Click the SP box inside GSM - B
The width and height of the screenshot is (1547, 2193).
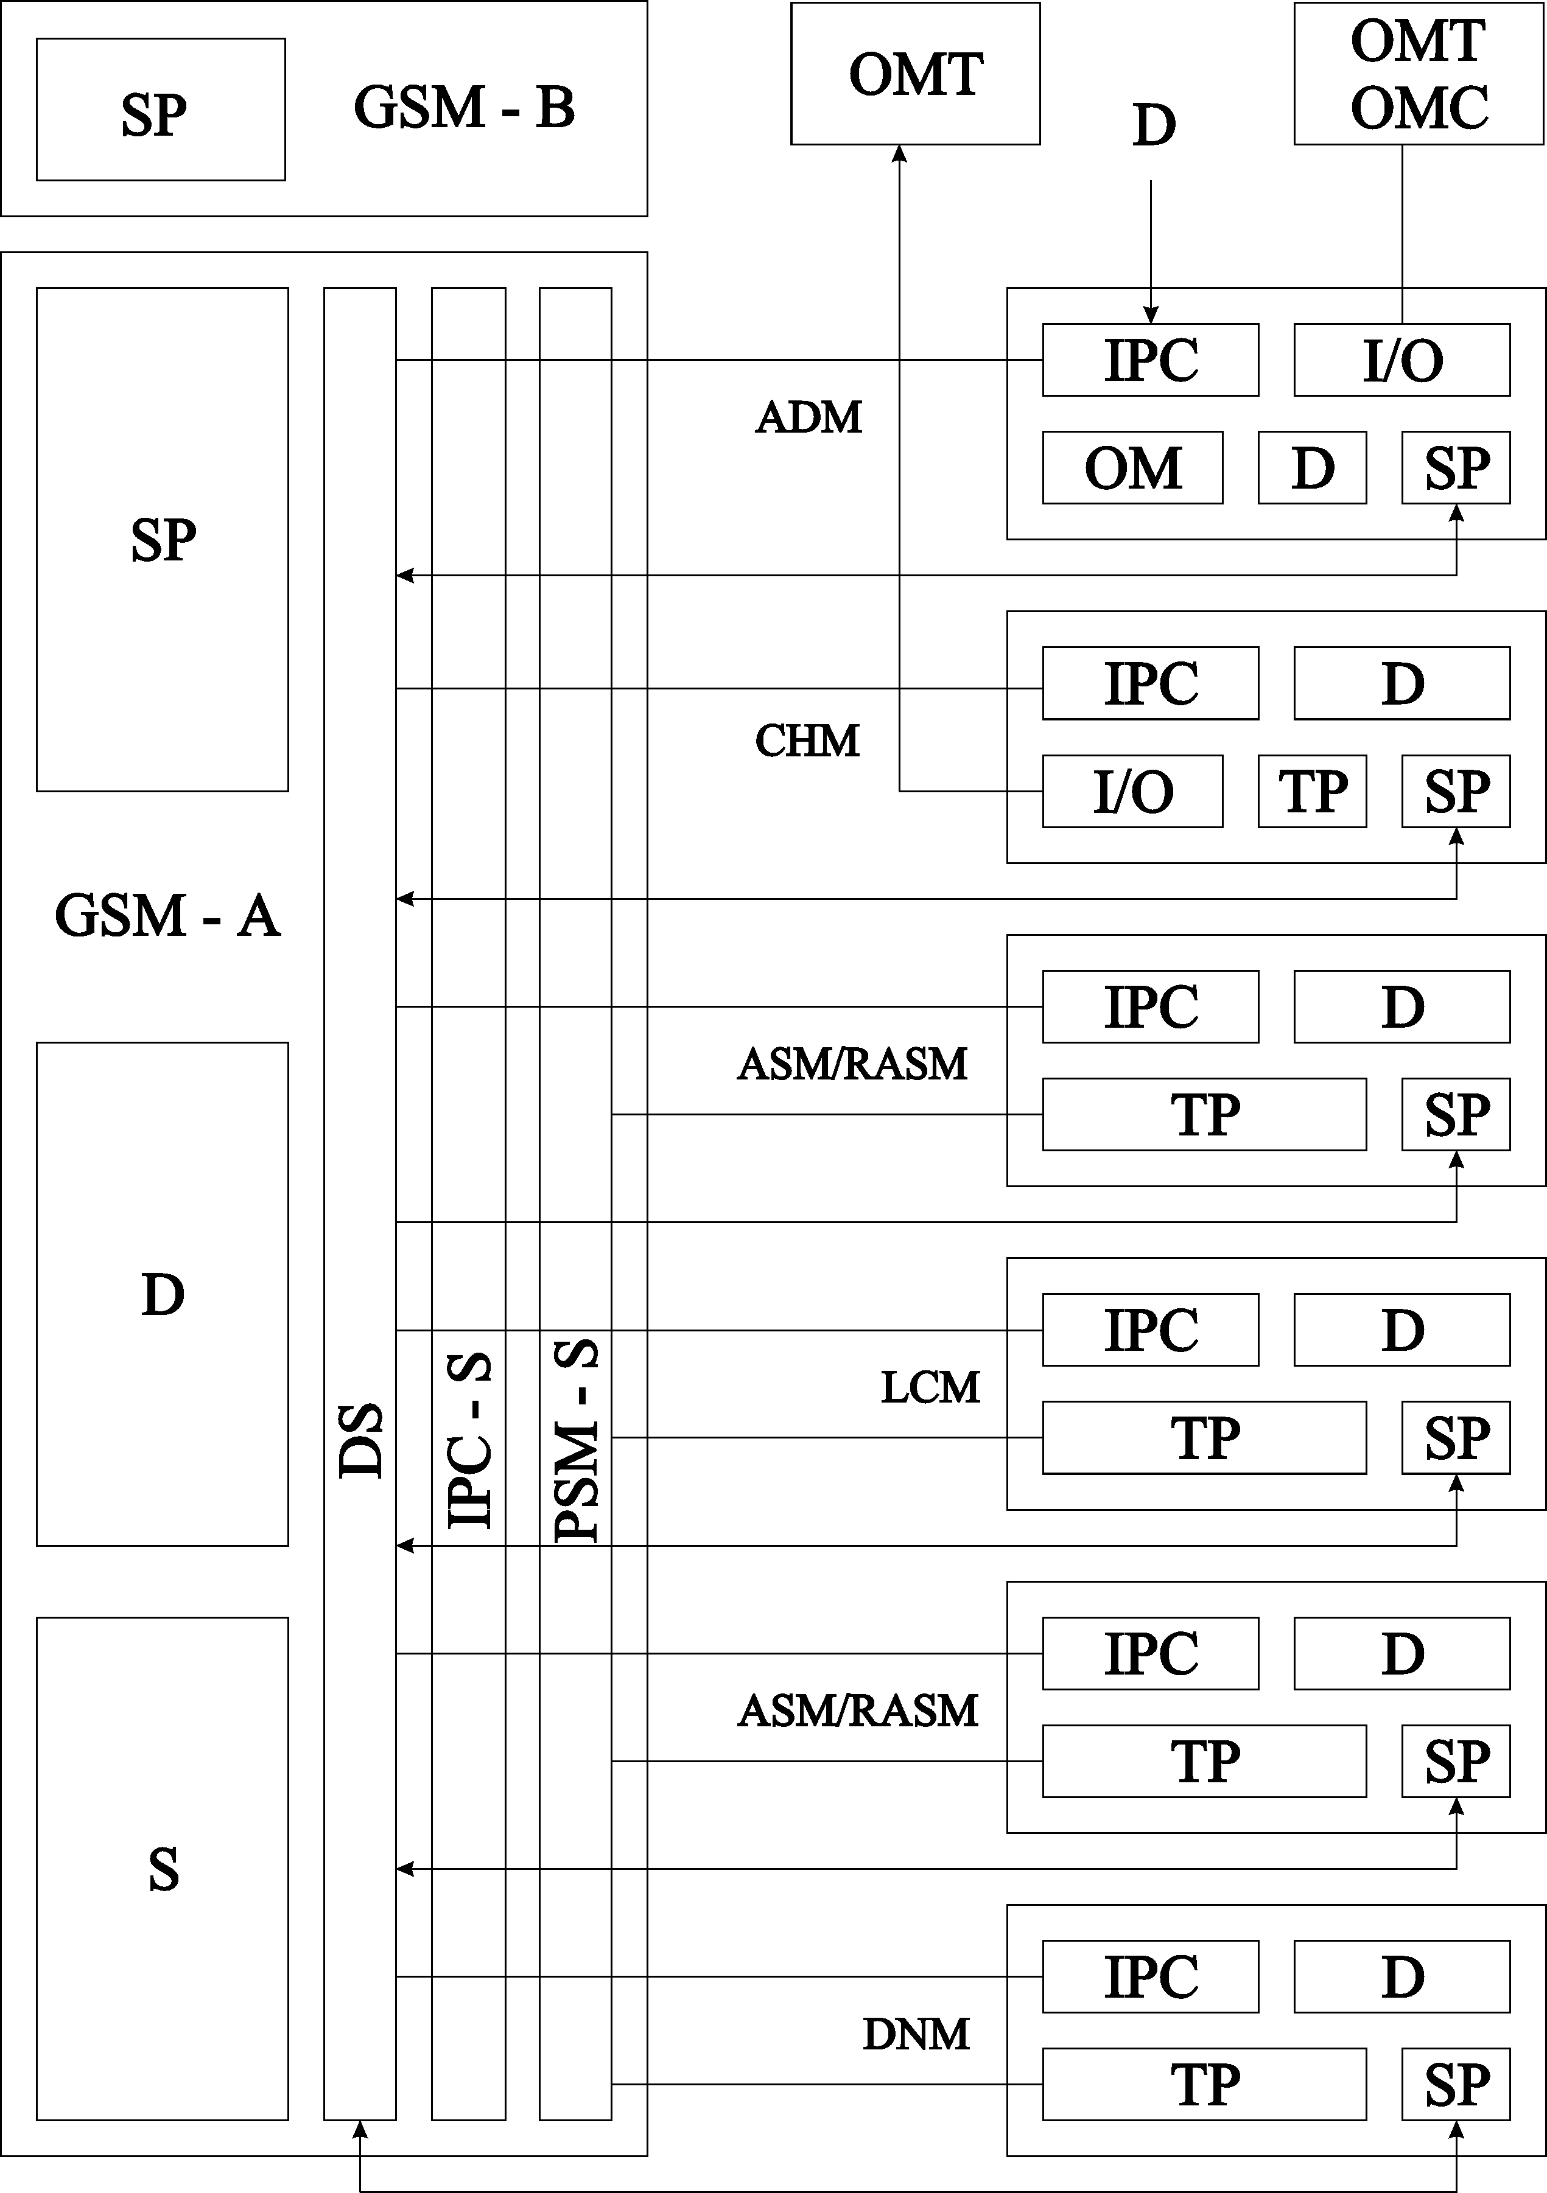coord(161,110)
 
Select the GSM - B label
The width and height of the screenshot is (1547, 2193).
coord(465,107)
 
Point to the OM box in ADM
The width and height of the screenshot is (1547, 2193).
coord(1132,467)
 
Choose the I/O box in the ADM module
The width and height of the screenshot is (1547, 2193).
coord(1401,360)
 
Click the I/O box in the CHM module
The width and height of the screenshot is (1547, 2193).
coord(1132,791)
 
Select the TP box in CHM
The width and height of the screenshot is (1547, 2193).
coord(1312,791)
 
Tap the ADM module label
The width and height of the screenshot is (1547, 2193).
coord(809,417)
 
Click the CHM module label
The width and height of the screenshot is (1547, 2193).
coord(807,741)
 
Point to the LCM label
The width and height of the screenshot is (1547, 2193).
coord(930,1388)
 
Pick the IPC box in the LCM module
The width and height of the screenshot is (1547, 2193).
coord(1151,1330)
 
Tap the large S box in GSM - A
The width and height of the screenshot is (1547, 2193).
coord(163,1869)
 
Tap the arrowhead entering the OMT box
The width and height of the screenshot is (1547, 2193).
coord(899,153)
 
